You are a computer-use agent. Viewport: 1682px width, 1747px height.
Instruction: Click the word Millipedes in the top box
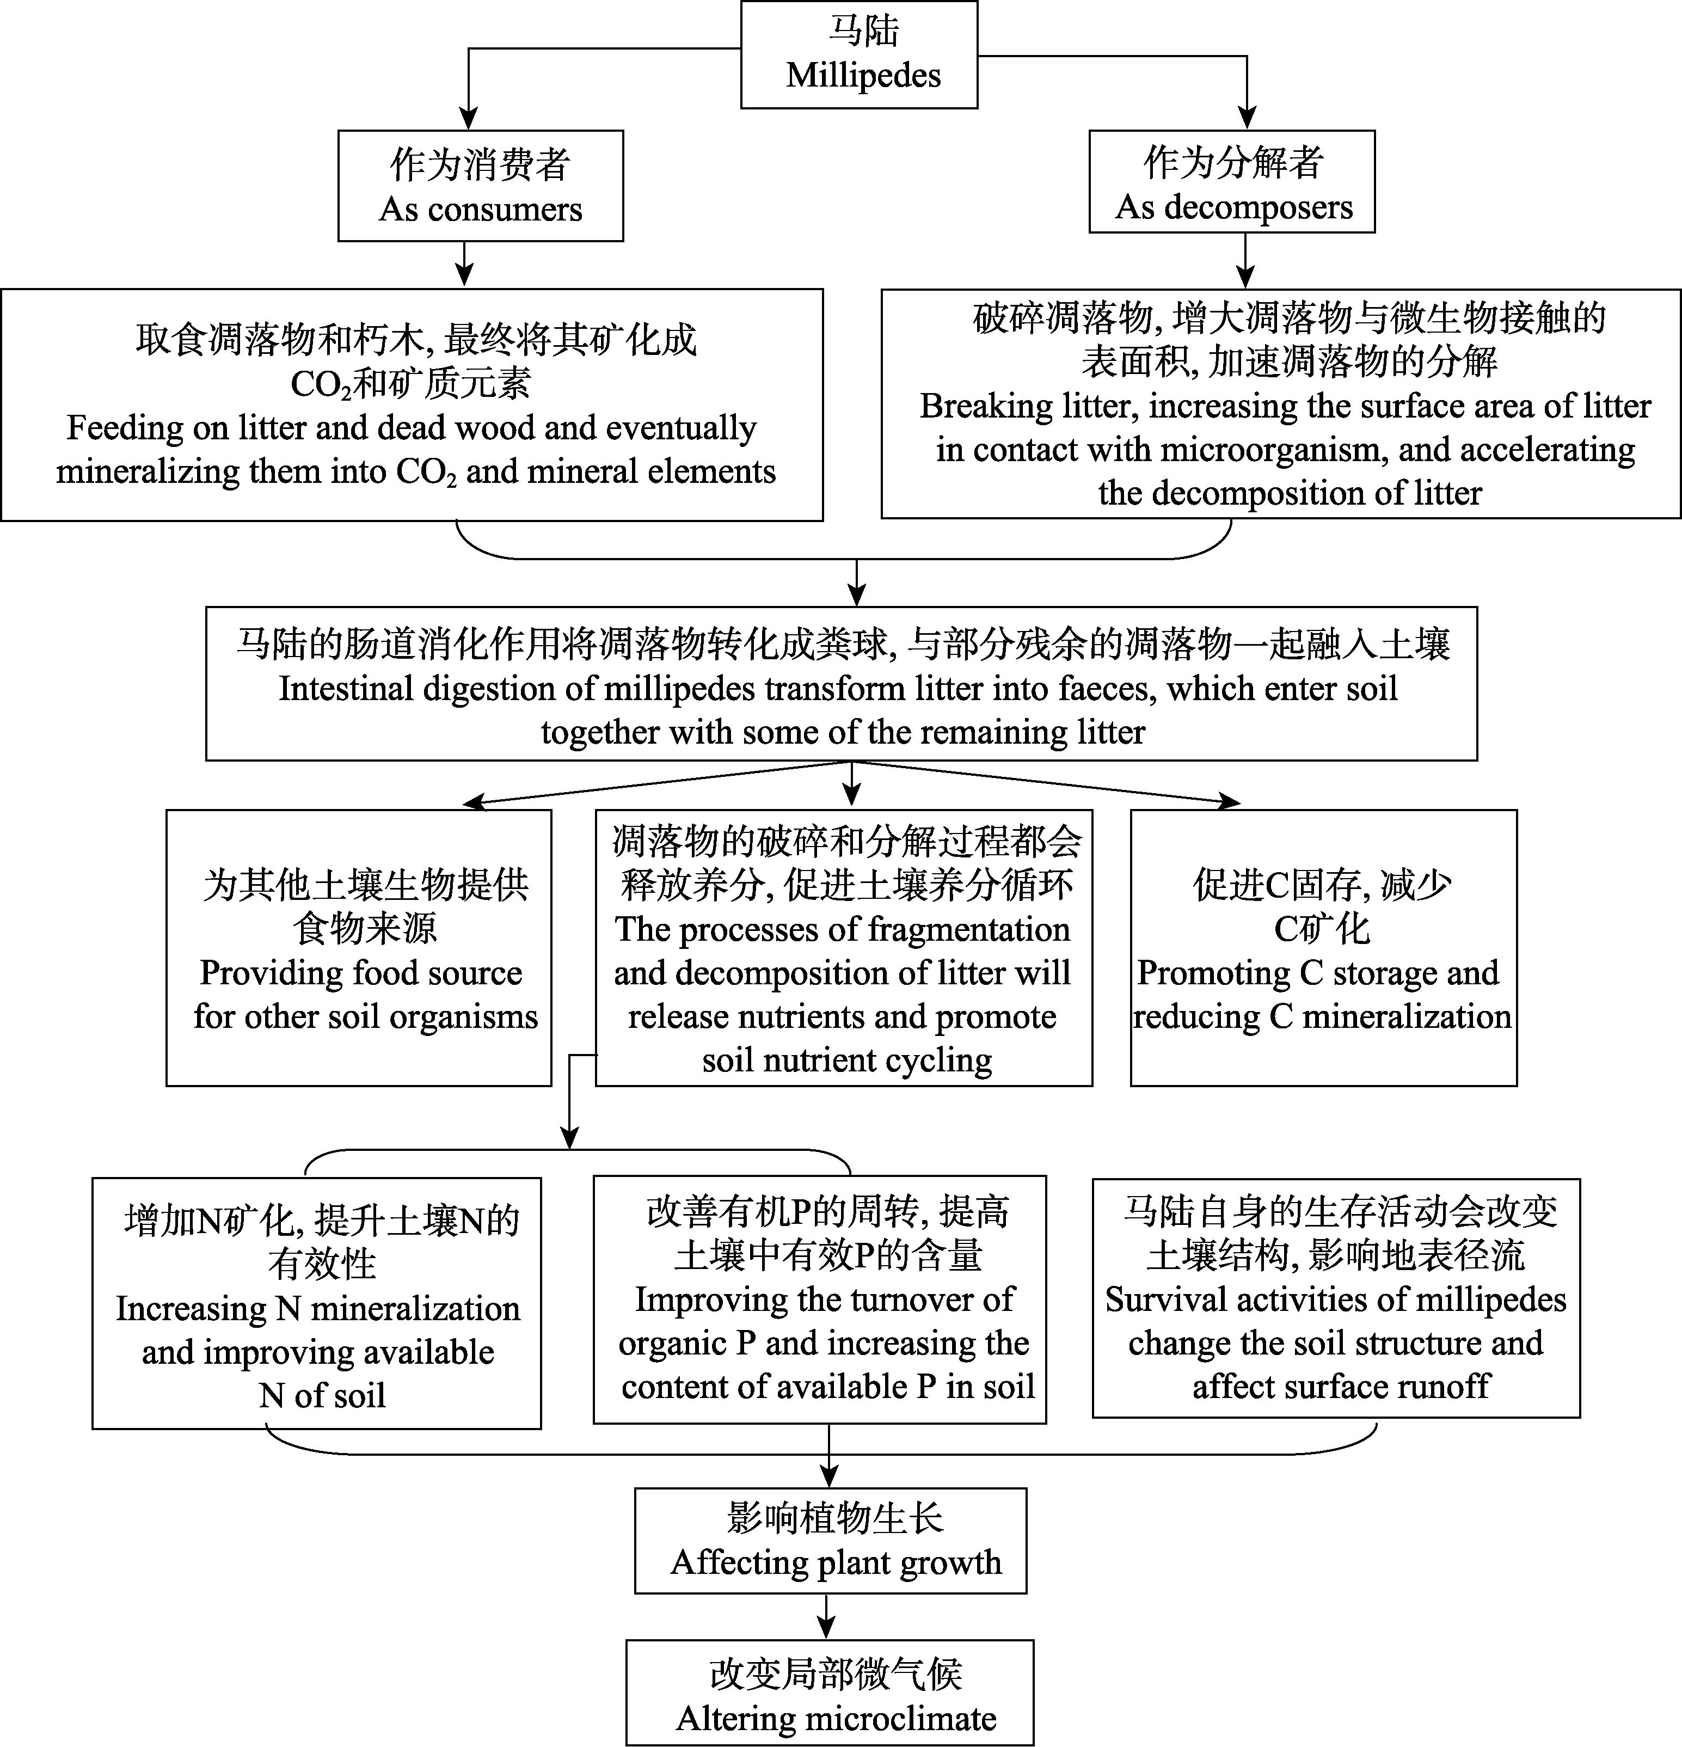click(x=863, y=75)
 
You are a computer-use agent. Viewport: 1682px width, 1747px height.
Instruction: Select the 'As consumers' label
click(x=481, y=209)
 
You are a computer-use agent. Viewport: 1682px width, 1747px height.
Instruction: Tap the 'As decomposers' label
click(x=1233, y=207)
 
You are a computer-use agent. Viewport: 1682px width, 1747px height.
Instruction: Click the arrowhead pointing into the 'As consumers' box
click(x=468, y=119)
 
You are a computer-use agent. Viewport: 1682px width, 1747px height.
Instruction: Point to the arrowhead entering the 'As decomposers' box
click(x=1247, y=119)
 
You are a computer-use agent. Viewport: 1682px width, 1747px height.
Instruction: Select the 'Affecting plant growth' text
click(x=836, y=1562)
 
